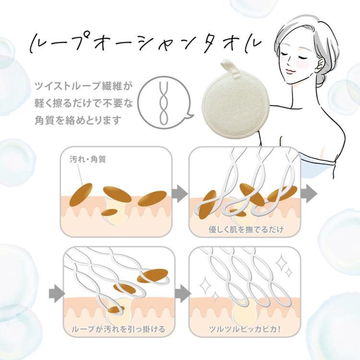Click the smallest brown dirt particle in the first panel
point(110,212)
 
